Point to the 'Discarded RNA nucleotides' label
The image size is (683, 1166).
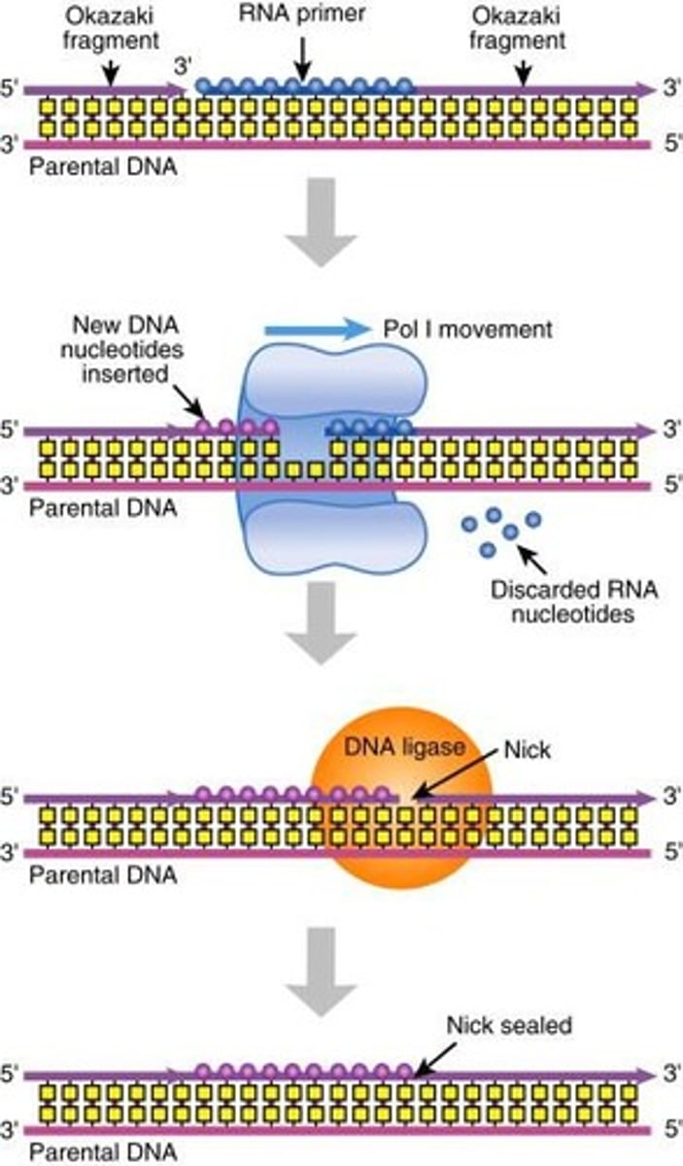coord(563,600)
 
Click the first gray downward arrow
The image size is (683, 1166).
coord(322,221)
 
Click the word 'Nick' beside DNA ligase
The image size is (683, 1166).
coord(526,751)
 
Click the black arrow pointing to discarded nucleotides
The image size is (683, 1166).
coord(532,561)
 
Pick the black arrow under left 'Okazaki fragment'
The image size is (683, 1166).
coord(112,68)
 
